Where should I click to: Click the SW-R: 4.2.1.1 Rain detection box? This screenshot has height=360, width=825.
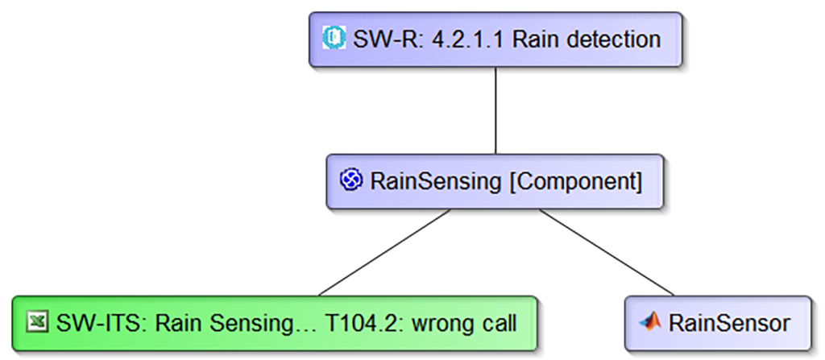click(x=495, y=39)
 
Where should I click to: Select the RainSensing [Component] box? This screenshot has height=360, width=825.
click(x=495, y=181)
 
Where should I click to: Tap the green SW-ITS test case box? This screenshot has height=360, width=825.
click(x=274, y=323)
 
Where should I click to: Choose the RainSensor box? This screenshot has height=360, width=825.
click(x=718, y=323)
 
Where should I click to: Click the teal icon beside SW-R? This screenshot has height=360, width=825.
click(x=334, y=39)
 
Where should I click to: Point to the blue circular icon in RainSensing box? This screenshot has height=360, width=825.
click(x=351, y=180)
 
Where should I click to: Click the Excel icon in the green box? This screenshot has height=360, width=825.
click(x=37, y=322)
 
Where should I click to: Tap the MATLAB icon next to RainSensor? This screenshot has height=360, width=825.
click(x=650, y=321)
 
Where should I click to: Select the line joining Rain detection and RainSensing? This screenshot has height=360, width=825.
click(x=495, y=110)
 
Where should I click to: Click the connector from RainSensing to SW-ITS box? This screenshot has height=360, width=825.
click(x=384, y=253)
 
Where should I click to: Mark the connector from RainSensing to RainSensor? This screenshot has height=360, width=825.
click(x=607, y=253)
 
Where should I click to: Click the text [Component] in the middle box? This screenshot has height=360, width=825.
click(x=576, y=182)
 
